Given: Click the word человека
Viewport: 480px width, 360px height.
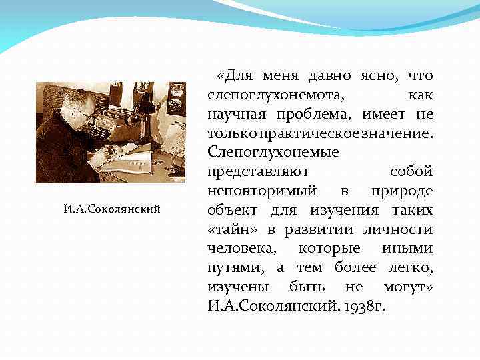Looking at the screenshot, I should point(240,248).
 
